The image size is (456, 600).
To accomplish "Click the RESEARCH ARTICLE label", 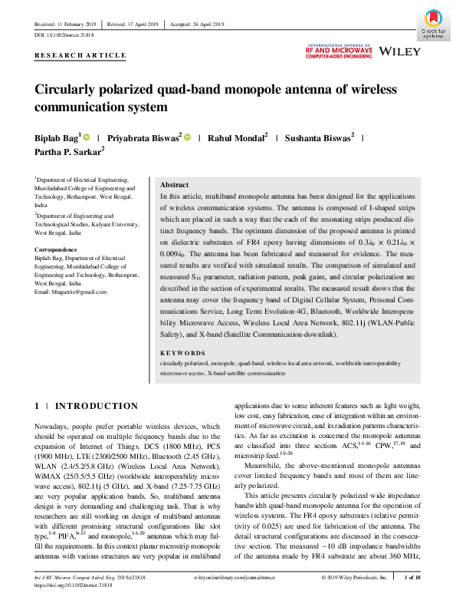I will [x=80, y=56].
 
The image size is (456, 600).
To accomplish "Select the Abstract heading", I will [x=174, y=186].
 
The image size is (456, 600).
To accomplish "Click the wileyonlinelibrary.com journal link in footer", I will [x=231, y=575].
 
